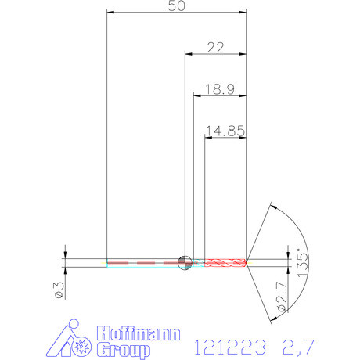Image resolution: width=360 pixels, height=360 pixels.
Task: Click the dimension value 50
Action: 177,6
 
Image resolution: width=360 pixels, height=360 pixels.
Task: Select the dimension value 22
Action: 215,47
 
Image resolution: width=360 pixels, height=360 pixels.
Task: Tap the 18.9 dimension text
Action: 219,88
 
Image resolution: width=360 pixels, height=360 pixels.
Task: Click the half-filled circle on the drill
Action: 185,262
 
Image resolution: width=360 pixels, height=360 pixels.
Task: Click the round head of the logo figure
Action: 74,323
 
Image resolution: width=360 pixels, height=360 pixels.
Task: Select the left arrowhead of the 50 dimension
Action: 110,13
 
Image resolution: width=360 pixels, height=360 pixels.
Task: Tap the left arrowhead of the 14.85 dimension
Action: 208,138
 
